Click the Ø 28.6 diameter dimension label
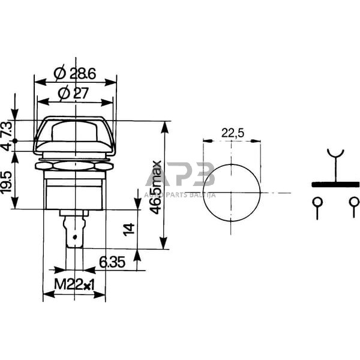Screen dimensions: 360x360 coord(76,74)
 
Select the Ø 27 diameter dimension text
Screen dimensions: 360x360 coord(76,93)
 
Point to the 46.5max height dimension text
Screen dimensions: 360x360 coord(155,187)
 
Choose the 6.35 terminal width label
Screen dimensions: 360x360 coord(112,262)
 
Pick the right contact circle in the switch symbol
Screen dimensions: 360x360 coord(353,202)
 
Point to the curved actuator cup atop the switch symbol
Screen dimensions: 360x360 coord(335,154)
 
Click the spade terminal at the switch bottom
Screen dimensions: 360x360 coord(74,234)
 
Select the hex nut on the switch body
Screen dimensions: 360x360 coord(75,163)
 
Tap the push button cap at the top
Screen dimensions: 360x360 coord(75,131)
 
